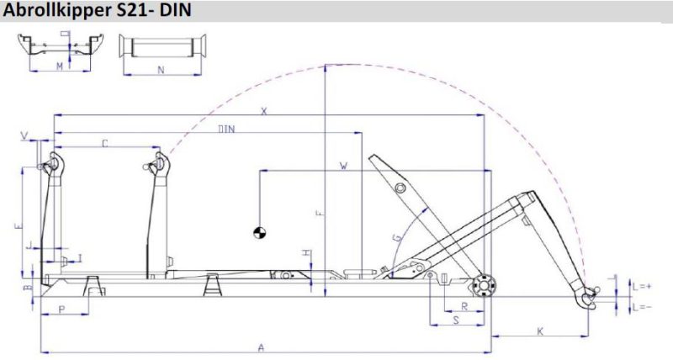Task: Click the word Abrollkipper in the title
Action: [x=51, y=11]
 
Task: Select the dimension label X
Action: [x=263, y=110]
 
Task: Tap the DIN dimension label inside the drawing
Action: [x=225, y=129]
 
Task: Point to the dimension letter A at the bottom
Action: [x=262, y=347]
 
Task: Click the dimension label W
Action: [x=343, y=166]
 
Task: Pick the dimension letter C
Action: [x=105, y=144]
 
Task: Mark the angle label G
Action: [x=395, y=239]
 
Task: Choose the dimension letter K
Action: [x=538, y=332]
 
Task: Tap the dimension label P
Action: [x=63, y=310]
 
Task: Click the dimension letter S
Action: [x=455, y=320]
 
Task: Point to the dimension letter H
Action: [x=307, y=253]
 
